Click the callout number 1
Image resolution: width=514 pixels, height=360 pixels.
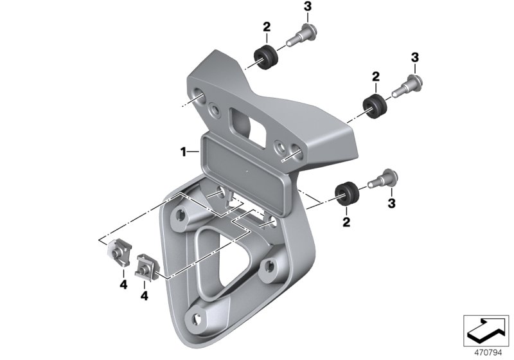(183, 152)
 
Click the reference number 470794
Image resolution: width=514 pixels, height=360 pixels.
(488, 353)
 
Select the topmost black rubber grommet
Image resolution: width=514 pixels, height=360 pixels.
(266, 58)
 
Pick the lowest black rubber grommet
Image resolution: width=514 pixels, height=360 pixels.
(346, 194)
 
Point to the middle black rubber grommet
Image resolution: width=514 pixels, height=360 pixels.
(375, 107)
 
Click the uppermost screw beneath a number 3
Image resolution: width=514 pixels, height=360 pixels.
(301, 36)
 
